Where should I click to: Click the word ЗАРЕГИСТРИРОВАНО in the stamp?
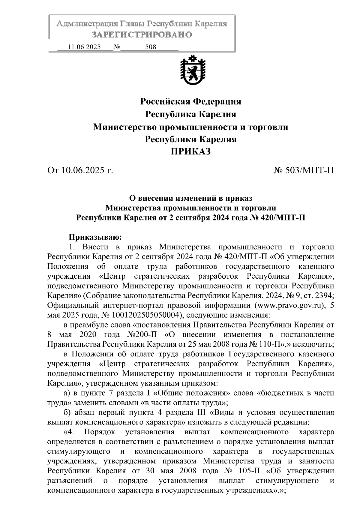(142, 35)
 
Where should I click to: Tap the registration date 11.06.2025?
(84, 47)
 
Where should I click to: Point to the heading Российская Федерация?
(191, 101)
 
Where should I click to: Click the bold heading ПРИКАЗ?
(191, 152)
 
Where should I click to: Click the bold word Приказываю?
(95, 238)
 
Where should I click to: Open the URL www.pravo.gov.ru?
(290, 306)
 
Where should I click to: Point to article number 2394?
(323, 296)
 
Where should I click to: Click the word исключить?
(318, 344)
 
